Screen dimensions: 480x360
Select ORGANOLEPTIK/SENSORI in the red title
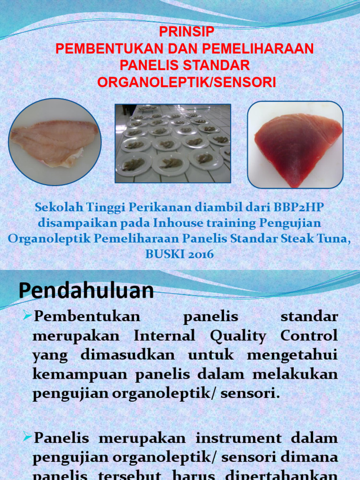187,82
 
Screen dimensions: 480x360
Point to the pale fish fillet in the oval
55,142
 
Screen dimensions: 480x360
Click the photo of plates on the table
173,143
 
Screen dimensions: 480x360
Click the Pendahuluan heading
86,290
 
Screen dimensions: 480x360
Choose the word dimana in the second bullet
312,457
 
